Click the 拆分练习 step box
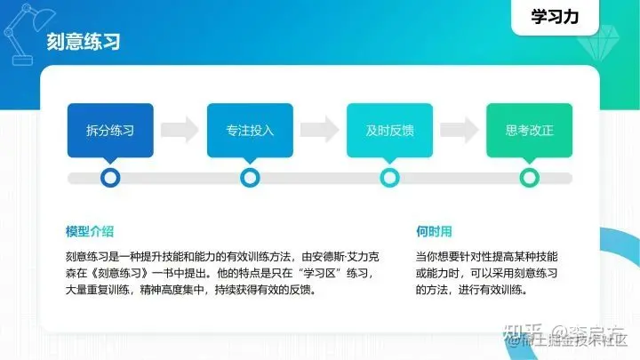pyautogui.click(x=110, y=130)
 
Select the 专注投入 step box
pyautogui.click(x=250, y=130)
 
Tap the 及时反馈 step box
pyautogui.click(x=389, y=130)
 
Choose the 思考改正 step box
pyautogui.click(x=529, y=130)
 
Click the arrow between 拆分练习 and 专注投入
pyautogui.click(x=180, y=130)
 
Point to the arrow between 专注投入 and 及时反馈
pyautogui.click(x=319, y=130)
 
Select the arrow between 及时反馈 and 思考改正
pyautogui.click(x=459, y=130)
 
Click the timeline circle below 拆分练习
pyautogui.click(x=110, y=178)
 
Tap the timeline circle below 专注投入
pyautogui.click(x=250, y=178)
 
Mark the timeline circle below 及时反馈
pyautogui.click(x=389, y=178)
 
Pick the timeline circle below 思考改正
pyautogui.click(x=529, y=178)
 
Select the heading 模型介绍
pyautogui.click(x=90, y=232)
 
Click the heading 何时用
pyautogui.click(x=434, y=232)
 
